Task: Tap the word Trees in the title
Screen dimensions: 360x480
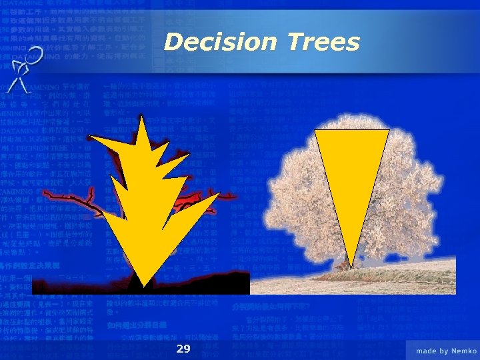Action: click(x=324, y=42)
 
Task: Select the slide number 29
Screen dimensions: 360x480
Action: click(x=183, y=349)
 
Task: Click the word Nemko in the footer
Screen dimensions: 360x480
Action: click(x=461, y=350)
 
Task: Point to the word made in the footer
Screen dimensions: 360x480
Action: click(x=427, y=350)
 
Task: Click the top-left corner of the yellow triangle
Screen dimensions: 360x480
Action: click(x=315, y=131)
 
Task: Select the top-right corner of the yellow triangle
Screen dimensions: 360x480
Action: click(x=388, y=131)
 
